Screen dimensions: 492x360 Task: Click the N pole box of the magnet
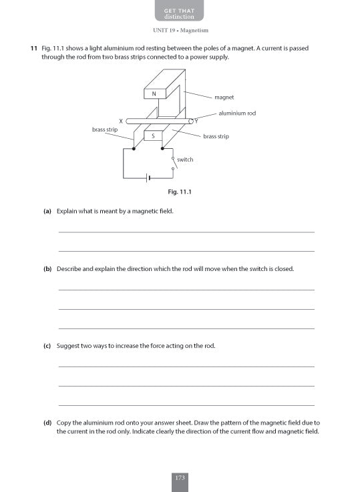coord(154,94)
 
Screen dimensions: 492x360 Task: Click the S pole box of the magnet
coord(155,136)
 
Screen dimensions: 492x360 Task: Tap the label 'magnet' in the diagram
coord(224,97)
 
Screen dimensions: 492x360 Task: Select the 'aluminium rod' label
coord(237,113)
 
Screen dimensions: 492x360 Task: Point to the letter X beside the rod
coord(121,120)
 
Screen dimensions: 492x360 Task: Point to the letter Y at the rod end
coord(196,120)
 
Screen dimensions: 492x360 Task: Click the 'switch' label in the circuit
coord(185,160)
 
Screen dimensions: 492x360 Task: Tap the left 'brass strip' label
coord(105,129)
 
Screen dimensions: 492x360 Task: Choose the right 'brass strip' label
coord(216,136)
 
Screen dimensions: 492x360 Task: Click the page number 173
coord(180,478)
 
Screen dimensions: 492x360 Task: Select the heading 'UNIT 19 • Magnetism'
coord(180,31)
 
